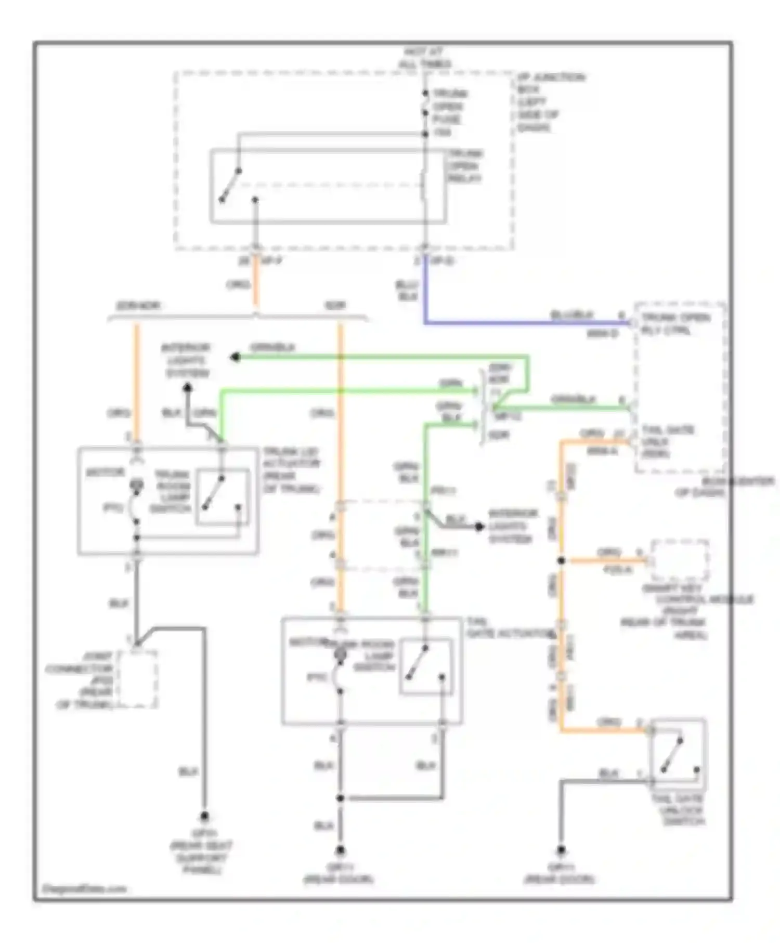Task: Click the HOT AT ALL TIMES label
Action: [425, 58]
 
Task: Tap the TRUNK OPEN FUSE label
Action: [450, 113]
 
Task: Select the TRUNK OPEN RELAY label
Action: [465, 166]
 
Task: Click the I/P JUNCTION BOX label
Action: [550, 102]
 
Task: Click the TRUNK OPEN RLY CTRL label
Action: [675, 323]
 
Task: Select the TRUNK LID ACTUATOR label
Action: [291, 470]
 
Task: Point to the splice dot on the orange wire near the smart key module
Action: [561, 560]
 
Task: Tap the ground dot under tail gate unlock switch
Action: [561, 850]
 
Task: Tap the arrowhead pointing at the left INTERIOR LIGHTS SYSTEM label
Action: [235, 357]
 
